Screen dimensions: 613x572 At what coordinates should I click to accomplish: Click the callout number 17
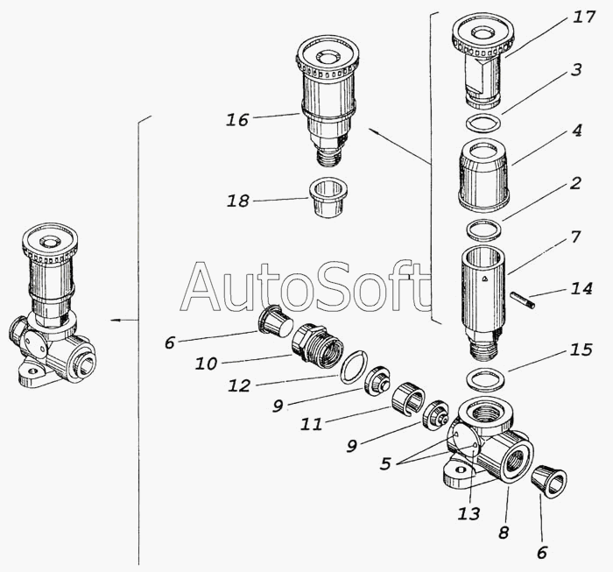(584, 18)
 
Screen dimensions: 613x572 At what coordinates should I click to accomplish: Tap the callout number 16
(237, 120)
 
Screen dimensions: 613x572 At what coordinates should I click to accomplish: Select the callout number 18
(237, 201)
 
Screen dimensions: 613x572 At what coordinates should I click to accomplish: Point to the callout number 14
(581, 289)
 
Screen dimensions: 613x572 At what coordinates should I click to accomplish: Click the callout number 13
(469, 513)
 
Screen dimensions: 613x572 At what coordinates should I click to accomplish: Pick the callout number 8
(504, 533)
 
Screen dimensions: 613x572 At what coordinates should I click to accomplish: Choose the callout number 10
(206, 364)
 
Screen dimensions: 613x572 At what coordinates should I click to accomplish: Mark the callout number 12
(239, 386)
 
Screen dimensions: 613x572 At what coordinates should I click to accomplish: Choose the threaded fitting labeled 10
(317, 345)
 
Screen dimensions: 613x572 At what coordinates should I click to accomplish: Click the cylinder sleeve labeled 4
(483, 175)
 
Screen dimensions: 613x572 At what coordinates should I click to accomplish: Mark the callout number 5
(385, 463)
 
